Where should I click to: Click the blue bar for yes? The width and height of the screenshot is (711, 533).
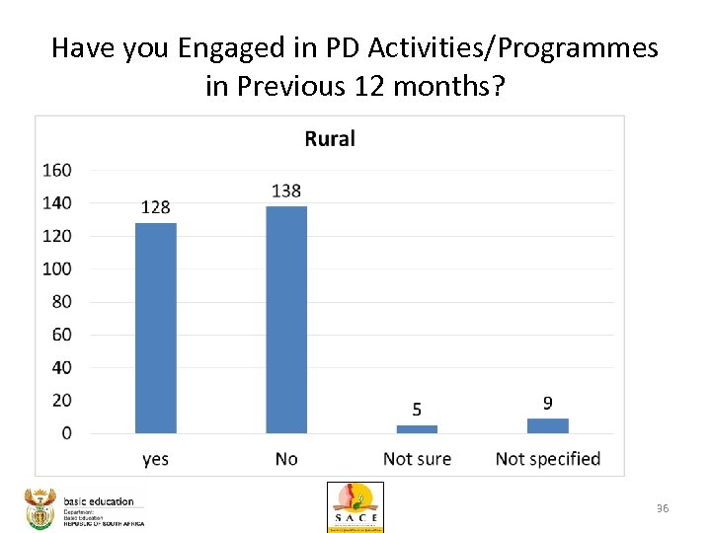coord(155,328)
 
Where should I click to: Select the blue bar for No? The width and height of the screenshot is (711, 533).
coord(286,319)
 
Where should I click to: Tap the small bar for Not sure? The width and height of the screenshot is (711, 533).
coord(417,428)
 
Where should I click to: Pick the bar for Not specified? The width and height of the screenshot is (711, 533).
coord(547,425)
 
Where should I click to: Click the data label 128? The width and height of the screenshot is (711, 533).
coord(155,207)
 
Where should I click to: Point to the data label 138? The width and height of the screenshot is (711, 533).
coord(286,190)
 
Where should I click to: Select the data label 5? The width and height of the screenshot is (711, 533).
coord(417,410)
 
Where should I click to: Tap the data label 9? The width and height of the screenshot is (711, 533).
coord(547,403)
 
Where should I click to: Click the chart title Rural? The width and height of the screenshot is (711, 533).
coord(330,139)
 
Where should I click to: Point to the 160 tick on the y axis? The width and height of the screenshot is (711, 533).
coord(56,171)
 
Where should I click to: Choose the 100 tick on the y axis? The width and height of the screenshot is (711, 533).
coord(56,268)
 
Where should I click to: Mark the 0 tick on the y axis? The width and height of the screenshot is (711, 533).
coord(65,433)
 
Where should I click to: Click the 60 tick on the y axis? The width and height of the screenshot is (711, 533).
coord(61,335)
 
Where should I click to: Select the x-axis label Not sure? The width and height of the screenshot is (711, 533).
coord(417,459)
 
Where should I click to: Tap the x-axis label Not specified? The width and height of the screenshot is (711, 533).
coord(547,459)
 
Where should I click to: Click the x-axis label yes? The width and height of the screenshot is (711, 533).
coord(155,459)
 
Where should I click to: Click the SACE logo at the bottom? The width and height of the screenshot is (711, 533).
coord(355,507)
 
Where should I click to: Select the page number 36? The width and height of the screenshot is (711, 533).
coord(663,508)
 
